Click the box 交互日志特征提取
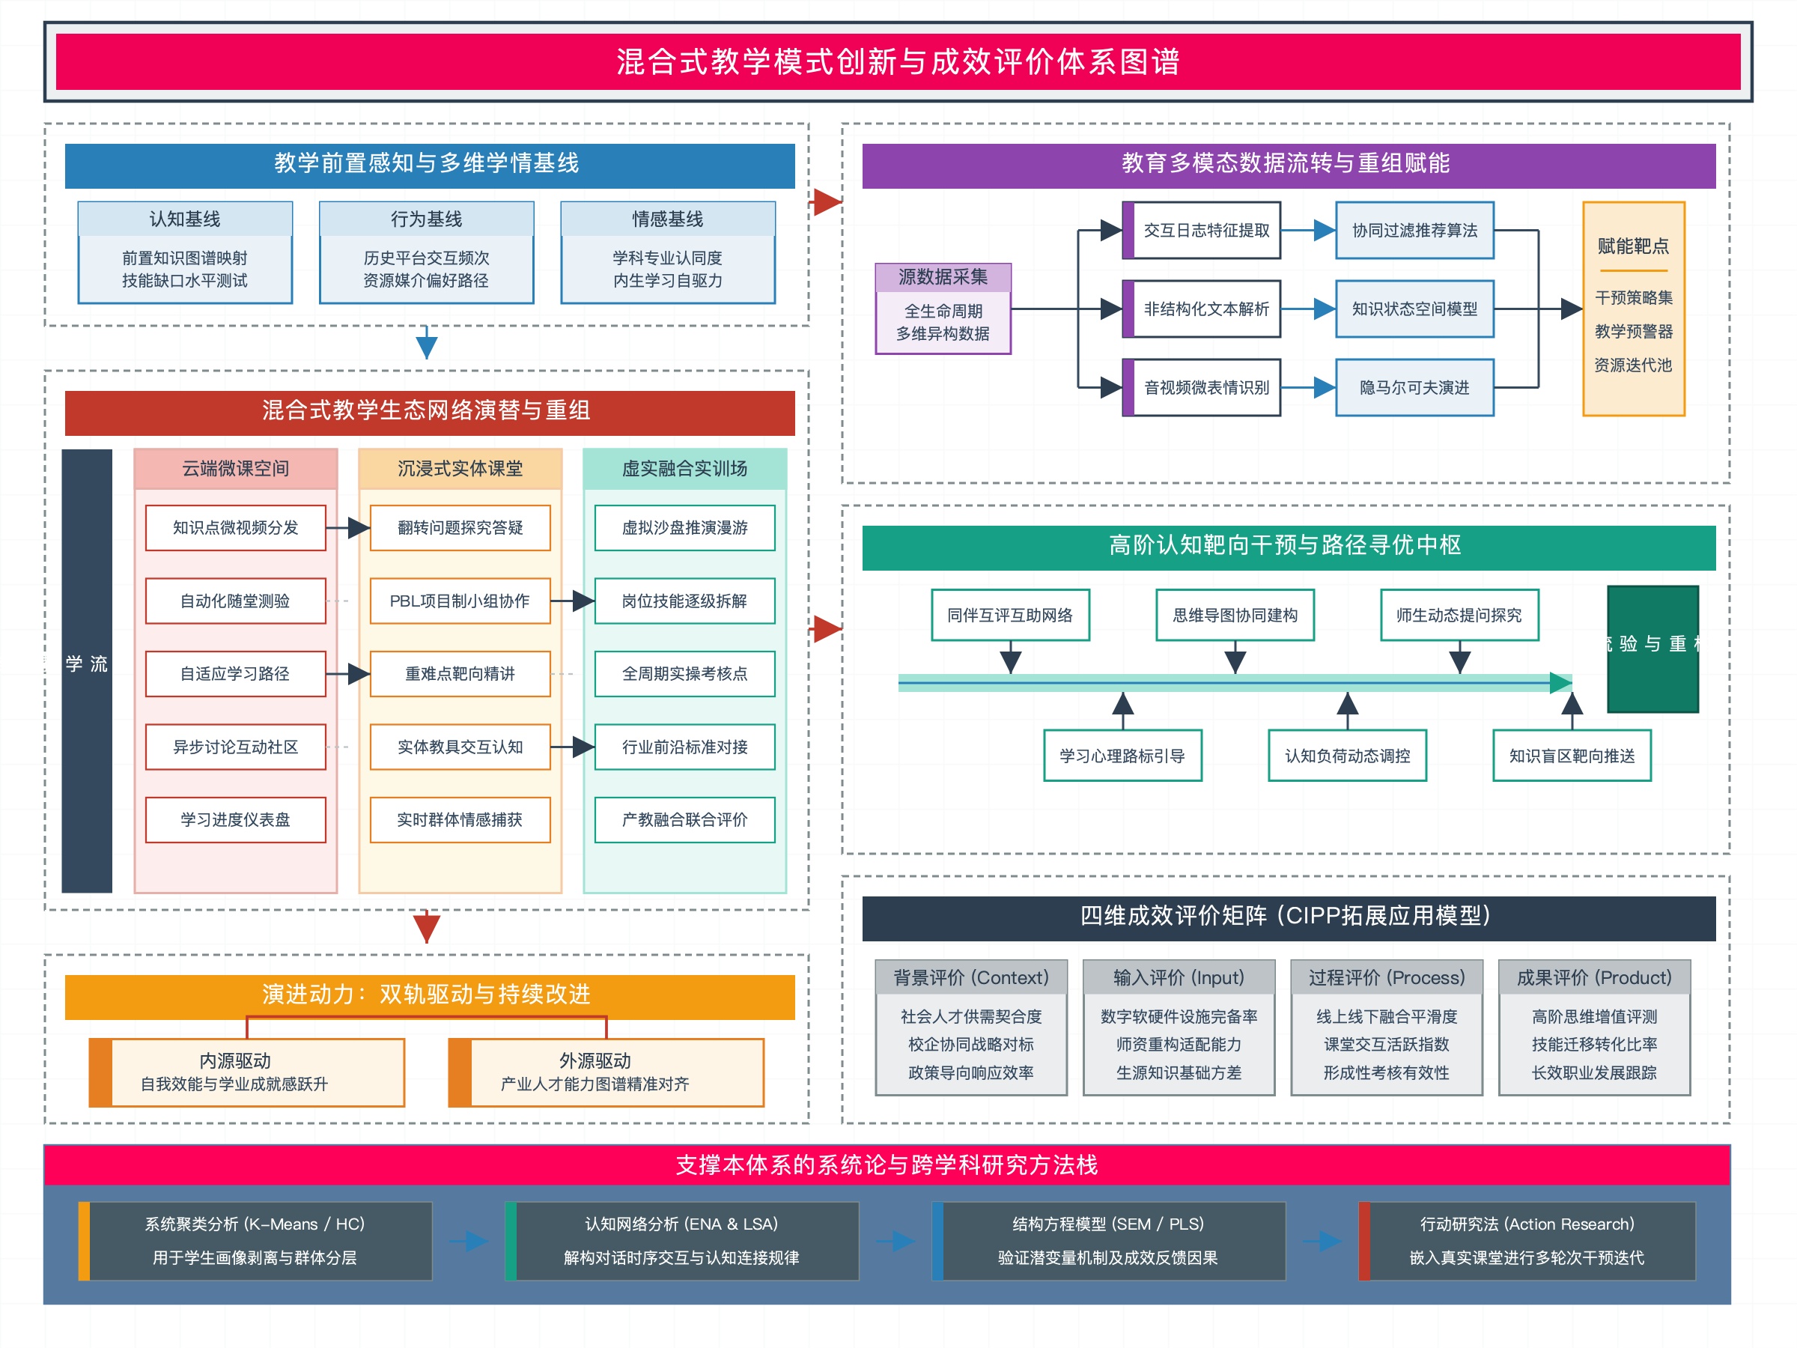point(1205,231)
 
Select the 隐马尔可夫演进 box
point(1414,388)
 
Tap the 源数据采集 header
point(943,277)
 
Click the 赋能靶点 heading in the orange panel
point(1633,246)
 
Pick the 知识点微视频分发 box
point(236,528)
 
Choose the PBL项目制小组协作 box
point(460,601)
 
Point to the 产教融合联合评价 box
point(684,820)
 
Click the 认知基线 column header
point(185,219)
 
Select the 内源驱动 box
point(246,1072)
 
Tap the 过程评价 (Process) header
point(1386,977)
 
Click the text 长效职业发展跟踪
point(1594,1072)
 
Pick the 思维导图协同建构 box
point(1235,615)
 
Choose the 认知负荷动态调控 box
point(1347,756)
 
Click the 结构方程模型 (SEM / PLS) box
point(1108,1241)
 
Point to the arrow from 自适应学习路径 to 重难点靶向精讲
point(350,673)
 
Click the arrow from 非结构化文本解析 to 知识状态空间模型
point(1309,309)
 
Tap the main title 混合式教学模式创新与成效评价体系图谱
point(898,61)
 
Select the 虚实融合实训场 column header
point(684,469)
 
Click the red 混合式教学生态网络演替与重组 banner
point(430,411)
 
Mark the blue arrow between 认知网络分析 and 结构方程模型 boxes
point(896,1241)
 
